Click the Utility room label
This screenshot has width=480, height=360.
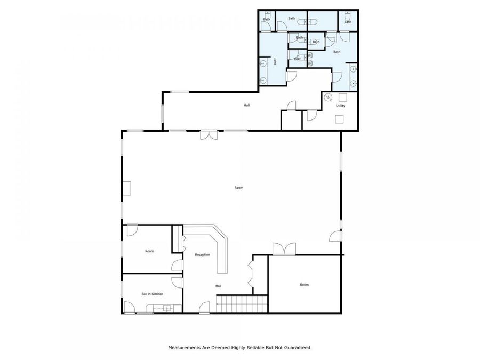pos(340,106)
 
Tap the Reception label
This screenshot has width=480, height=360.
pos(202,255)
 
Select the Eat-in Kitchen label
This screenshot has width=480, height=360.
pos(152,294)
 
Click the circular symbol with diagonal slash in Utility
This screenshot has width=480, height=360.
pos(329,97)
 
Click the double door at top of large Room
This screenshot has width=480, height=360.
pos(209,135)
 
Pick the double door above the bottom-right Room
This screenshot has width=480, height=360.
pos(283,249)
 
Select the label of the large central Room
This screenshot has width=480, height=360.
pos(239,188)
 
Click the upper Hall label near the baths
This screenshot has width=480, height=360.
pos(247,105)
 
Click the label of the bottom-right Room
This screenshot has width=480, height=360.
pos(304,285)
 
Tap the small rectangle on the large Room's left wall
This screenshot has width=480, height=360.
pos(127,188)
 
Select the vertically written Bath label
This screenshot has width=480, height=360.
pos(275,61)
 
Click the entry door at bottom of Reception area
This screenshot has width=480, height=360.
pos(204,307)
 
